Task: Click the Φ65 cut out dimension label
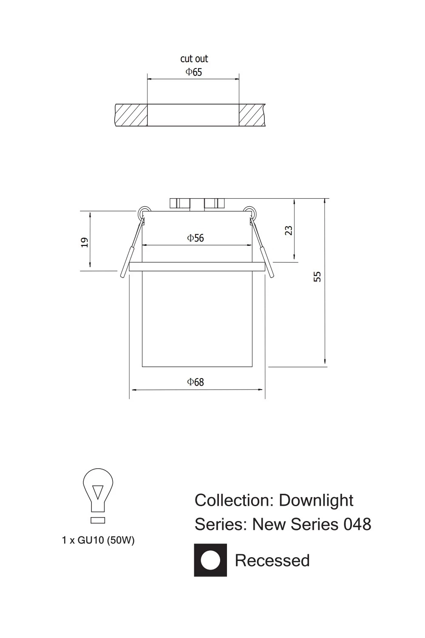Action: tap(193, 72)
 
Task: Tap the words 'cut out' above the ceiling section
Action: tap(194, 59)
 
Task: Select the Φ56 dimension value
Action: tap(195, 238)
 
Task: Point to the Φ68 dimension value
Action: tap(195, 382)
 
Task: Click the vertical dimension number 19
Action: tap(85, 242)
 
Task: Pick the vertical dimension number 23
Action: tap(289, 230)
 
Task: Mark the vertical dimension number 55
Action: tap(317, 277)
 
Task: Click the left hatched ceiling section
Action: tap(131, 115)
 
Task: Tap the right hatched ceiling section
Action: tap(252, 115)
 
